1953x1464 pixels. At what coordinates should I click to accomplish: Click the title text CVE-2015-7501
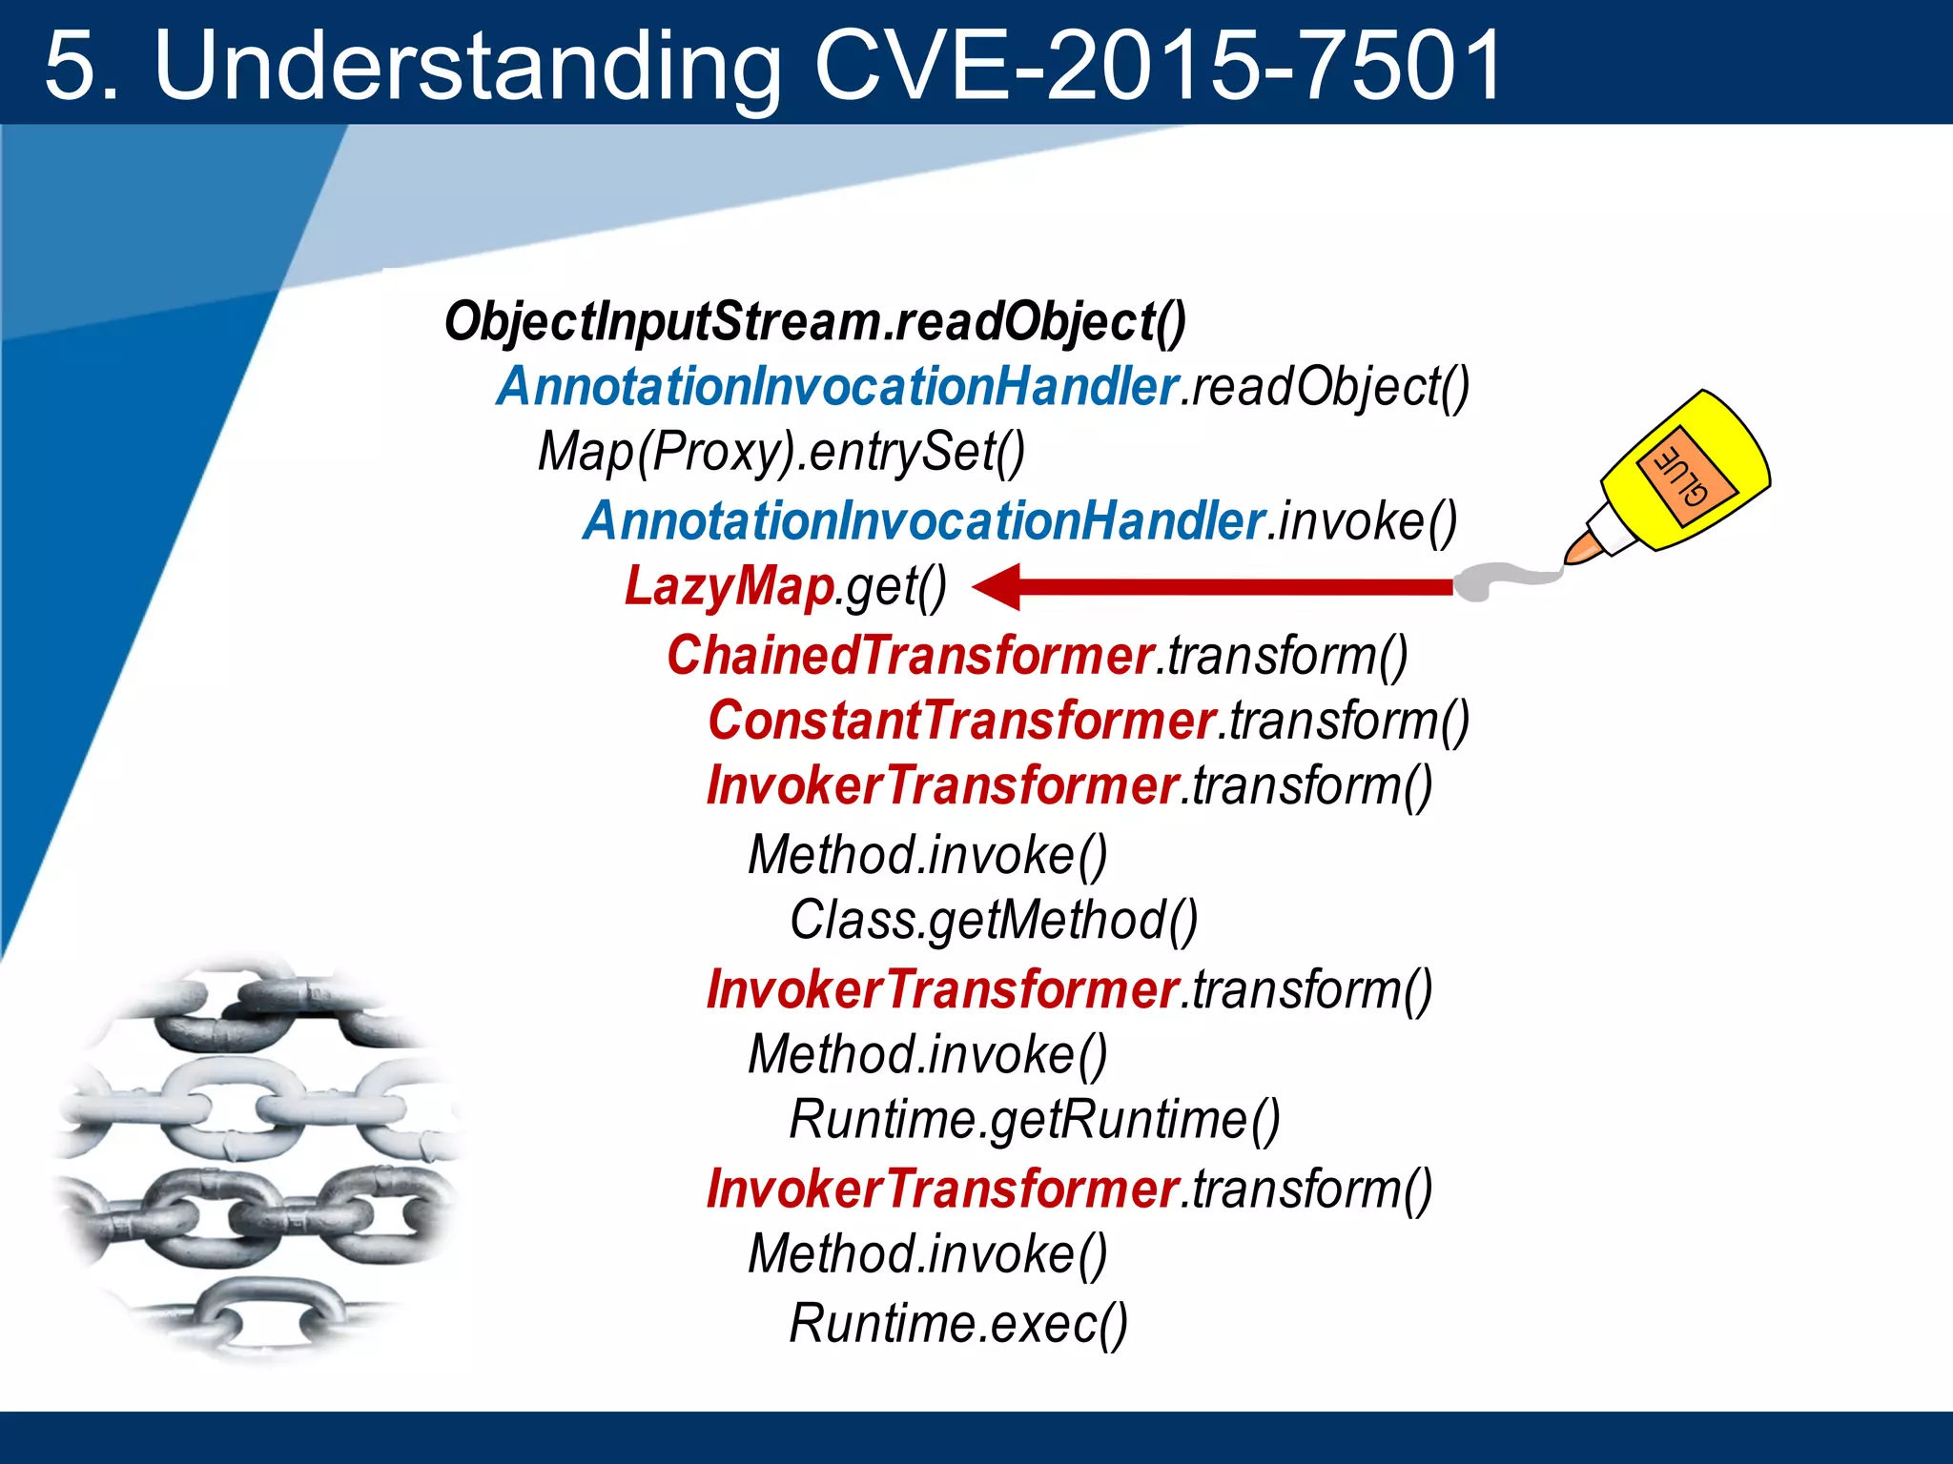point(1158,65)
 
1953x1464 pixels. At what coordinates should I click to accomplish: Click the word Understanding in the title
point(467,67)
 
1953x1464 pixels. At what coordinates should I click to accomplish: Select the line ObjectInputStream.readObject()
point(815,321)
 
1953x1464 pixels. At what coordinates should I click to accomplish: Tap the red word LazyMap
point(730,585)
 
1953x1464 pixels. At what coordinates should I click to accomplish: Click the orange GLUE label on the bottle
point(1686,474)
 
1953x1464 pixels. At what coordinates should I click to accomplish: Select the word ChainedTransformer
point(910,656)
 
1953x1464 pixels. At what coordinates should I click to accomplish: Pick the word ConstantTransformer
point(961,721)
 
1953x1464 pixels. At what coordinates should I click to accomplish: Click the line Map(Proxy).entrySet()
point(781,452)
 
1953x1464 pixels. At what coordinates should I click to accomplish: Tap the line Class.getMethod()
point(993,921)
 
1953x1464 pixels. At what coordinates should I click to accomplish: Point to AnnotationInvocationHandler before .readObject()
point(837,387)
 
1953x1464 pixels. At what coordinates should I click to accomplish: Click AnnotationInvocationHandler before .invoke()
point(923,521)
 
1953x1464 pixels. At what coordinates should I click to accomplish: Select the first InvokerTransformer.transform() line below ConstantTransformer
point(1069,786)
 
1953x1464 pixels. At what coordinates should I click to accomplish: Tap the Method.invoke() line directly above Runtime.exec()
point(927,1254)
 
